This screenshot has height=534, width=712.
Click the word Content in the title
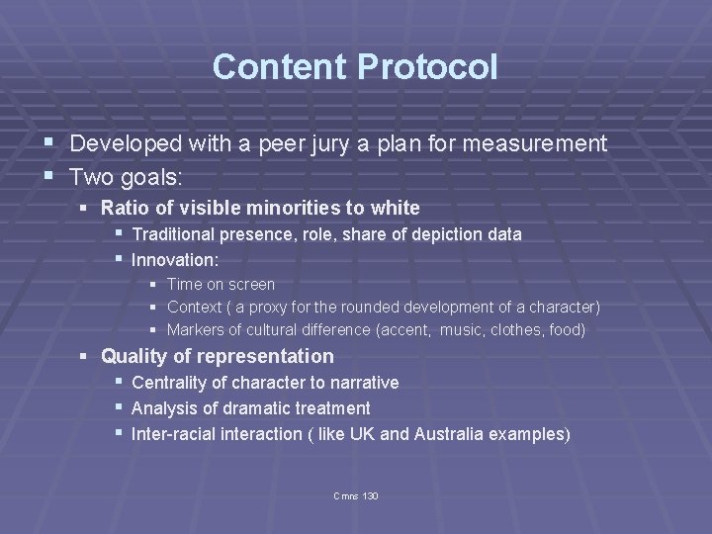pyautogui.click(x=280, y=67)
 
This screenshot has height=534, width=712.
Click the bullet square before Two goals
pyautogui.click(x=50, y=176)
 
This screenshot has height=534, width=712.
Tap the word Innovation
pyautogui.click(x=173, y=260)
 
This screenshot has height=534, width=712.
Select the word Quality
pyautogui.click(x=133, y=356)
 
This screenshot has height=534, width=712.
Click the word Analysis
pyautogui.click(x=164, y=408)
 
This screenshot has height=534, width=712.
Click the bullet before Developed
pyautogui.click(x=50, y=143)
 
